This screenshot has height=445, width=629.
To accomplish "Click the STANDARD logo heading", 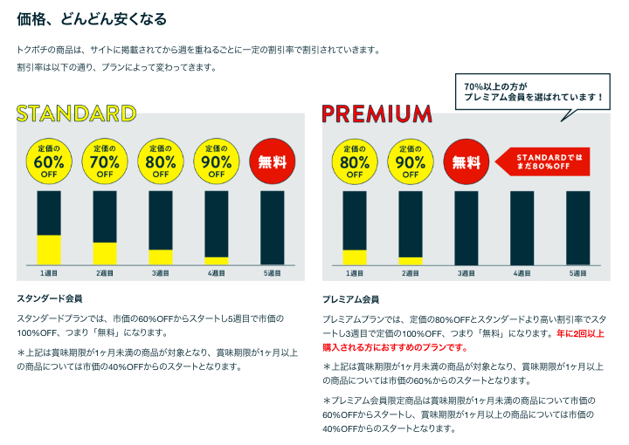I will [x=77, y=113].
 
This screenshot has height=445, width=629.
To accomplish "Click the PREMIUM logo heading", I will [x=377, y=113].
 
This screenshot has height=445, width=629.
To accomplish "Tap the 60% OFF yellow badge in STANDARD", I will [x=49, y=160].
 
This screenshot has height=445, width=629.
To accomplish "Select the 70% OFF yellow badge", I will [x=105, y=160].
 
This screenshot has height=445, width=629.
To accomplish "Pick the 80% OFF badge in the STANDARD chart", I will [x=161, y=160].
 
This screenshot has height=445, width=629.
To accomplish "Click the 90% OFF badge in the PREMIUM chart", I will [x=411, y=160].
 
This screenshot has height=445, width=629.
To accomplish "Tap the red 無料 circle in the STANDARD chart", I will [x=272, y=160].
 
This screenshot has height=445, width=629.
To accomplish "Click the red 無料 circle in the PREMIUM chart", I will [x=467, y=160].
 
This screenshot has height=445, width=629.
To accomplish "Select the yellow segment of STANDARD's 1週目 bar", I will [x=49, y=250].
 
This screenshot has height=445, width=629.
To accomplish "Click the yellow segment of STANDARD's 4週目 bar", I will [x=217, y=260].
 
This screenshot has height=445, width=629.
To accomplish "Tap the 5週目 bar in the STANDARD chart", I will [x=273, y=227].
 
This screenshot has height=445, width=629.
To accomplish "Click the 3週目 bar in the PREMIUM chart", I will [x=467, y=227].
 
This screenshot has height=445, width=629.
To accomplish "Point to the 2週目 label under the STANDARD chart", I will [x=105, y=273].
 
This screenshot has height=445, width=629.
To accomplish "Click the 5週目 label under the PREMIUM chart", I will [x=577, y=273].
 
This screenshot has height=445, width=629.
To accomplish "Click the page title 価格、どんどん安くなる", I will [x=92, y=18].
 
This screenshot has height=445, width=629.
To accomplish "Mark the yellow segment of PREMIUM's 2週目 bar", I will [x=411, y=260].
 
